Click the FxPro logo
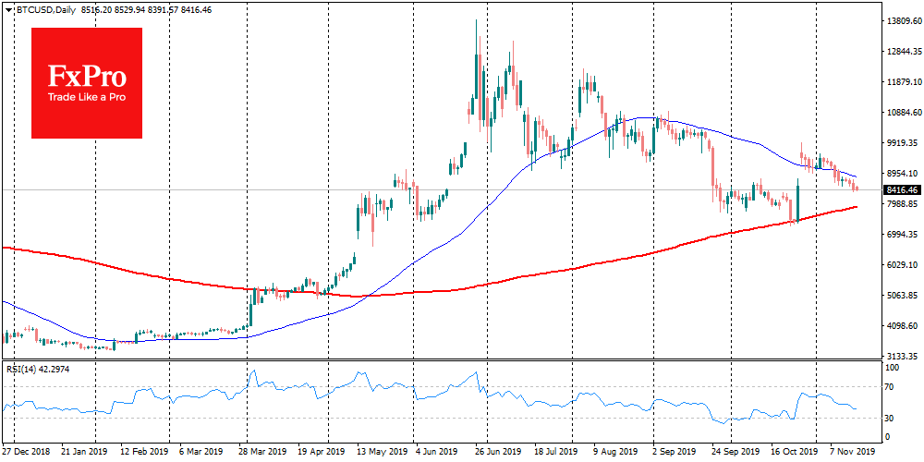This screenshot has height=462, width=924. click(x=87, y=82)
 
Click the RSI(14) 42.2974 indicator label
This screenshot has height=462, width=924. click(x=37, y=370)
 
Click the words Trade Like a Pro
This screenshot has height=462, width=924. click(x=87, y=98)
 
